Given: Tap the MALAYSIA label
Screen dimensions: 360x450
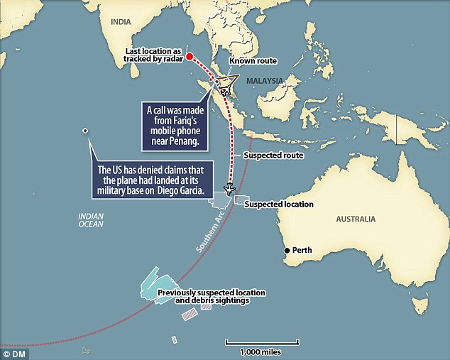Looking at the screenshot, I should pyautogui.click(x=265, y=80).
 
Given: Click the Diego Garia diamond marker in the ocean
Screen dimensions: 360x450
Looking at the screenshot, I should pyautogui.click(x=85, y=131).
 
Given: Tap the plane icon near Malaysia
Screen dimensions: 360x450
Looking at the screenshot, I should pyautogui.click(x=226, y=89).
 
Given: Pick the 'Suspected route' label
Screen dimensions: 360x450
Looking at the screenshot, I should pyautogui.click(x=273, y=154).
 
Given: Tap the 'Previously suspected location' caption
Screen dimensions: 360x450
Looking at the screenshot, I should pyautogui.click(x=211, y=293).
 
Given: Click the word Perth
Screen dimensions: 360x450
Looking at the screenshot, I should pyautogui.click(x=303, y=251).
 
